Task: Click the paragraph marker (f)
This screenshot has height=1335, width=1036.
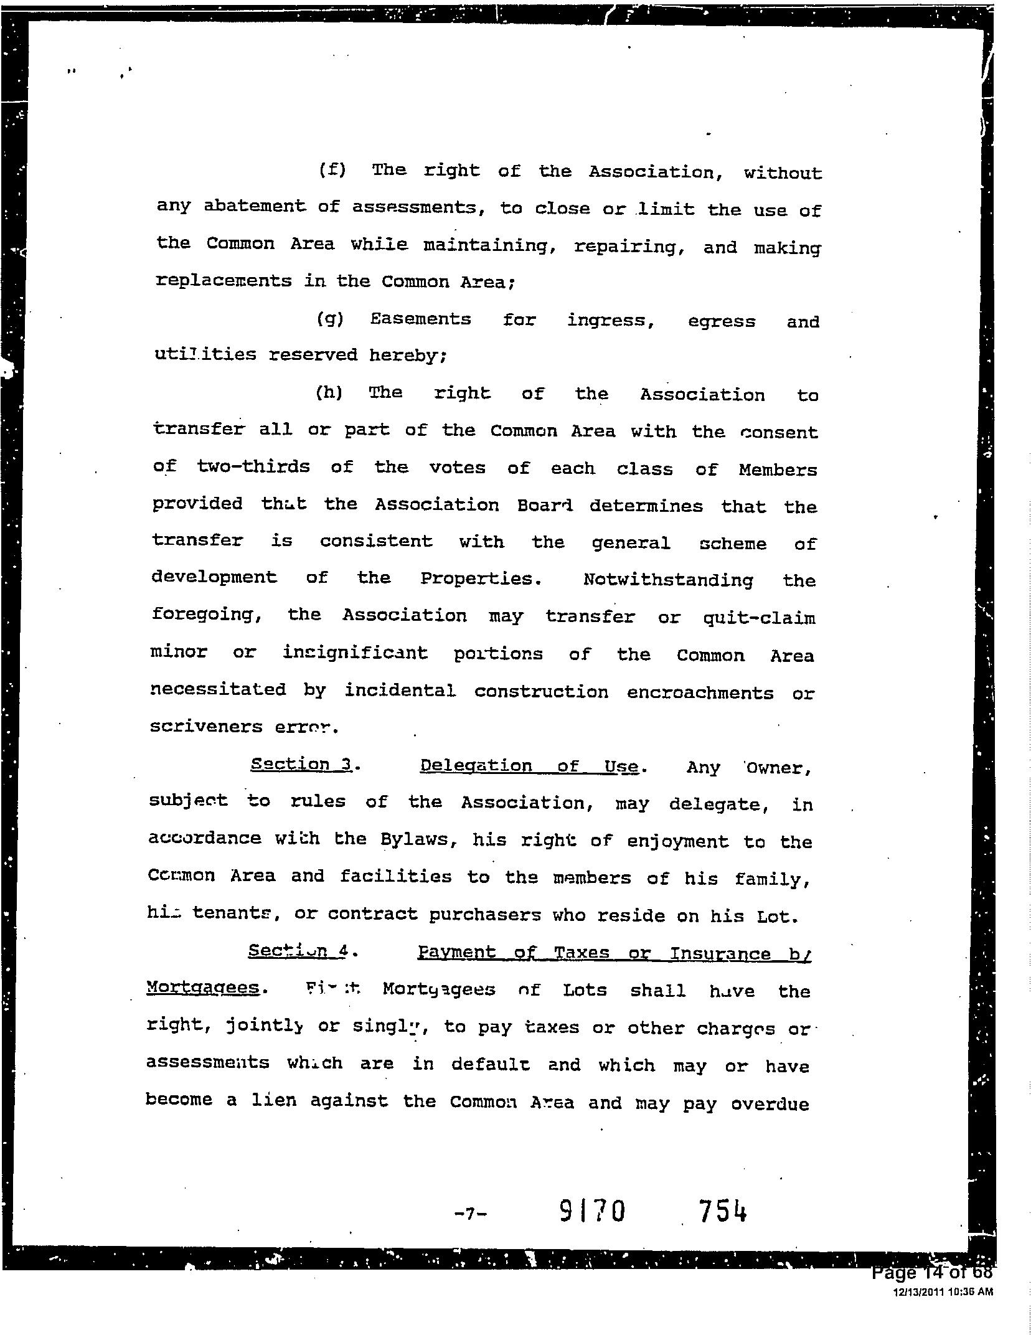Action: (x=332, y=169)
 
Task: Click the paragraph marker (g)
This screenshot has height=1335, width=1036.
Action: (x=329, y=319)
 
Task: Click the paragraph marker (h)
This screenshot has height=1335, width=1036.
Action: (x=329, y=393)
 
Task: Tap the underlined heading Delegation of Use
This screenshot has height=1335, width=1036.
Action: (x=529, y=766)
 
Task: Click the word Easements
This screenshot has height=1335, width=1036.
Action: (x=420, y=319)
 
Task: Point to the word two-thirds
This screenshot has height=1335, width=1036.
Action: (x=253, y=467)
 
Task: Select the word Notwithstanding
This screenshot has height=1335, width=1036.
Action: (x=668, y=580)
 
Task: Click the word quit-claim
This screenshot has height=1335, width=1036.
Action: (x=759, y=618)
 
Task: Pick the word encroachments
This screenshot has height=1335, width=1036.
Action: (x=700, y=693)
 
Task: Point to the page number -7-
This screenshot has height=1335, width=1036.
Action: (x=471, y=1213)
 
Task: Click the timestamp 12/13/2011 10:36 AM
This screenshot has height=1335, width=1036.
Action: (x=943, y=1292)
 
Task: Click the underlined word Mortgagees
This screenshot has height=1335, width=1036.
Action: (x=202, y=988)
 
